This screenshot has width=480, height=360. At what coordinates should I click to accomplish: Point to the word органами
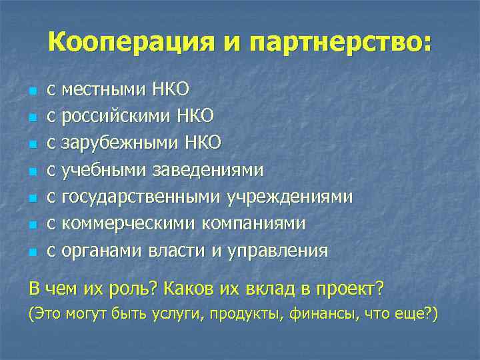[x=99, y=250]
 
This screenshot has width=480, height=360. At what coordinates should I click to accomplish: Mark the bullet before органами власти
[x=31, y=252]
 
